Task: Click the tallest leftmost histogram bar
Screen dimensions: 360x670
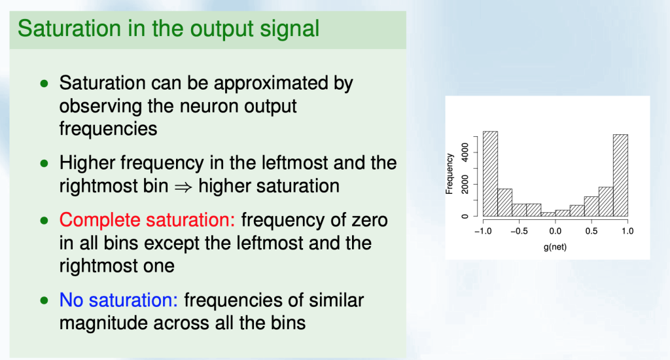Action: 490,173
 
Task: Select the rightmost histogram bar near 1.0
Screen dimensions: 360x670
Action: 620,175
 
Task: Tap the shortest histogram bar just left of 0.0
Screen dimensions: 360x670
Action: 548,214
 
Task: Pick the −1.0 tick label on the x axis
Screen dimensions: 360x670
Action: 483,231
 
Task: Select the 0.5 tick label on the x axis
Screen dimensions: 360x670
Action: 591,231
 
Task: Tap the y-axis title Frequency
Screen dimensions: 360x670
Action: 450,173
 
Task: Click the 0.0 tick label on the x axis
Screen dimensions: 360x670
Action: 555,231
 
